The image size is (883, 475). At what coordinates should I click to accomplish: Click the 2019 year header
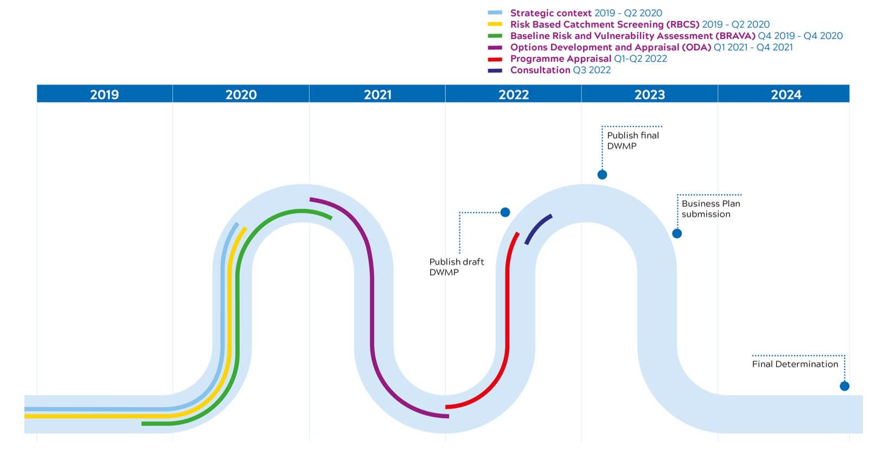pyautogui.click(x=104, y=94)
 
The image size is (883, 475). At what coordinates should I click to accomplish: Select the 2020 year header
pyautogui.click(x=241, y=94)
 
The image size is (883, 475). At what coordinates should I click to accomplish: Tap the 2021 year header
pyautogui.click(x=377, y=94)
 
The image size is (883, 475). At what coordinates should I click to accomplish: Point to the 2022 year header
pyautogui.click(x=514, y=94)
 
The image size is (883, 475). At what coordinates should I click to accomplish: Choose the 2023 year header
pyautogui.click(x=650, y=94)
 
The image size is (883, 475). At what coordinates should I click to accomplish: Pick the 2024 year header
pyautogui.click(x=786, y=94)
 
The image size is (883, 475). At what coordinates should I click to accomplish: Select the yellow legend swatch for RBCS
pyautogui.click(x=495, y=24)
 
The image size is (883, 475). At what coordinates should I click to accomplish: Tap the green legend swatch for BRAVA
pyautogui.click(x=495, y=36)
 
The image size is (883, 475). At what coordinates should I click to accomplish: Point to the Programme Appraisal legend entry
pyautogui.click(x=588, y=58)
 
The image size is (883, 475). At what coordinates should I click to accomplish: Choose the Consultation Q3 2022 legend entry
pyautogui.click(x=560, y=70)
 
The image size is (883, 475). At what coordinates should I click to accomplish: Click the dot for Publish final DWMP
pyautogui.click(x=602, y=174)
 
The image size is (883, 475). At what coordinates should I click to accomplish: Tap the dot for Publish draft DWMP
pyautogui.click(x=505, y=212)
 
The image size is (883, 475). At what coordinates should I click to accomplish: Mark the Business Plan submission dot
pyautogui.click(x=677, y=233)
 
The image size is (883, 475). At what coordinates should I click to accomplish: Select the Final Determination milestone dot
pyautogui.click(x=844, y=386)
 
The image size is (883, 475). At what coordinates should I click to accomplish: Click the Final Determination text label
pyautogui.click(x=795, y=364)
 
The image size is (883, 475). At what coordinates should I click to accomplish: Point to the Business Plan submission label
pyautogui.click(x=711, y=209)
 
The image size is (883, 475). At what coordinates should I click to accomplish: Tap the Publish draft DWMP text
pyautogui.click(x=456, y=266)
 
